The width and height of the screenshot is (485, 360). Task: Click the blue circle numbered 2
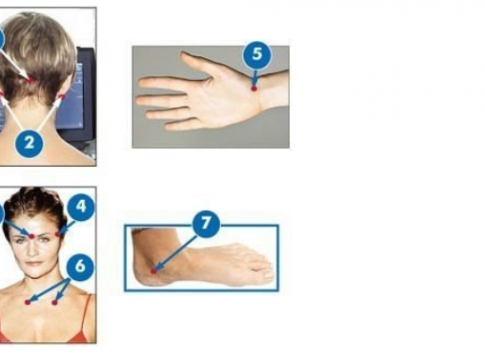coord(29,143)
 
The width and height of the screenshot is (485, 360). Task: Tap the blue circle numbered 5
coord(257,54)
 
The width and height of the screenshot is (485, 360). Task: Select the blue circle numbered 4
coord(81,206)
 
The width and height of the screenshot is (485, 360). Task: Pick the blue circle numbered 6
coord(80,266)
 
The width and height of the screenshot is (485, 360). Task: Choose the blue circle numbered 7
coord(206,224)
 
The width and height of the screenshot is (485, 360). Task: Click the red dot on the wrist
coord(254,89)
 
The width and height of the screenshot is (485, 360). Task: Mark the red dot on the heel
coord(153,271)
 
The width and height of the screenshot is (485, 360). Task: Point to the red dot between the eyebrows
coord(32,236)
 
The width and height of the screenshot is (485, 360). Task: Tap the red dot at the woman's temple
coord(58,235)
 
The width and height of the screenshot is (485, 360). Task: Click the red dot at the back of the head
coord(31,80)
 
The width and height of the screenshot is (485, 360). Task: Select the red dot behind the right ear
coord(62,97)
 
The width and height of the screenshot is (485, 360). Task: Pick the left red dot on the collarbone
coord(28,302)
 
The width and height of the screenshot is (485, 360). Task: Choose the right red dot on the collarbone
coord(55,302)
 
